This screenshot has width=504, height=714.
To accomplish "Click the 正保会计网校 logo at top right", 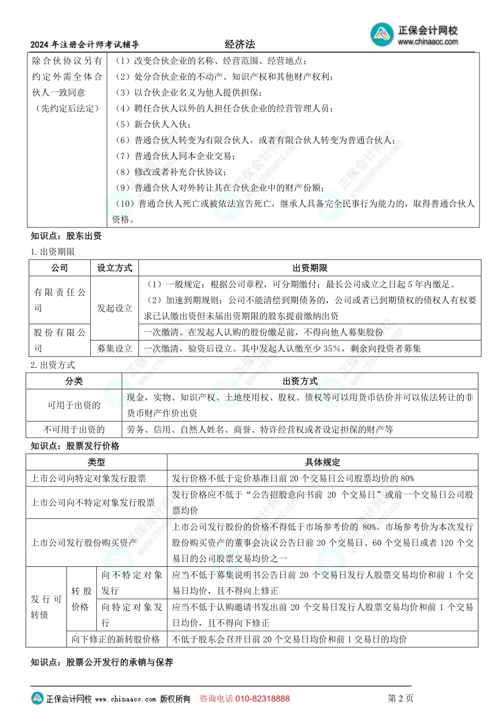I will tap(414, 35).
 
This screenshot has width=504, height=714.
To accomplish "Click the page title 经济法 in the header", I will tap(240, 45).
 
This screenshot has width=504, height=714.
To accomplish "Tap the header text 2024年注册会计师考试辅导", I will tap(85, 45).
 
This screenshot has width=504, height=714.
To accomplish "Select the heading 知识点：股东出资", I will tap(66, 236).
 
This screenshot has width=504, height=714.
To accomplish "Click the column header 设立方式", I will tap(115, 268).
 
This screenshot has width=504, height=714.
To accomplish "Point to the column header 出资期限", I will tap(310, 268).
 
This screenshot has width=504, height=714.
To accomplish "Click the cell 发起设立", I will tap(115, 308).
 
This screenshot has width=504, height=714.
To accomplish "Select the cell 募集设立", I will tap(115, 348).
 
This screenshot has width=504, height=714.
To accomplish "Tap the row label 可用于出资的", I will tap(74, 405).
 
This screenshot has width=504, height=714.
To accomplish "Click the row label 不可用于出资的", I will tap(74, 430).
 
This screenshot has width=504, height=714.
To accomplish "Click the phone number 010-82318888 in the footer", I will tap(262, 699).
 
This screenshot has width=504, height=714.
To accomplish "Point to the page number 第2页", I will tap(400, 699).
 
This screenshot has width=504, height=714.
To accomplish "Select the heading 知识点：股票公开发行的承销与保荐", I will tap(102, 662).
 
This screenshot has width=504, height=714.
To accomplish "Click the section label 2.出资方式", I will tap(53, 365).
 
